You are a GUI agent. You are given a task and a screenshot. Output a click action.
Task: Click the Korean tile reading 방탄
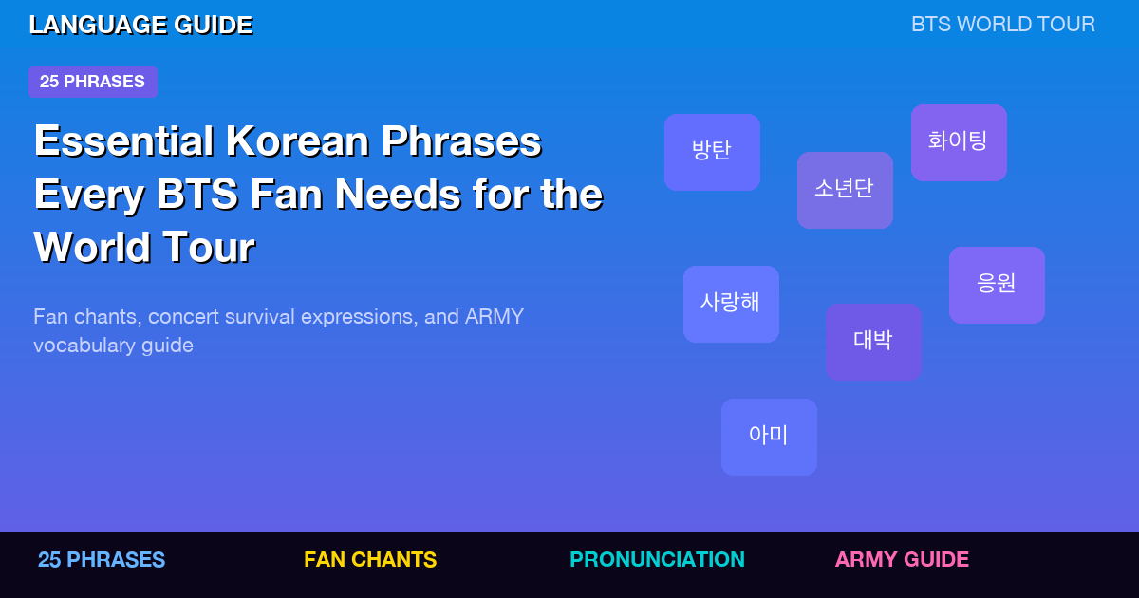coord(712,152)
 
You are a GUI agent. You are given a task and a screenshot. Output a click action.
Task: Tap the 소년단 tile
coord(845,190)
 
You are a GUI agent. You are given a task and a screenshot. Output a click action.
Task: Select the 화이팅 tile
coord(959,142)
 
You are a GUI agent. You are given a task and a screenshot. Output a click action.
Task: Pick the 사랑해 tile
coord(731,304)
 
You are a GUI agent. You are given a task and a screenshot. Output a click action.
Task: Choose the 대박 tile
coord(873,342)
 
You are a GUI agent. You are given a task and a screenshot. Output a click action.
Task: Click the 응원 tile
coord(997,285)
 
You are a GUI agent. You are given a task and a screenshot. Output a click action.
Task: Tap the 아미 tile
coord(769,437)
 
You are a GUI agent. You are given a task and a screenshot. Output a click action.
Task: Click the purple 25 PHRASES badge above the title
coord(92,82)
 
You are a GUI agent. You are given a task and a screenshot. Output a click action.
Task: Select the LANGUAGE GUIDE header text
coord(140,26)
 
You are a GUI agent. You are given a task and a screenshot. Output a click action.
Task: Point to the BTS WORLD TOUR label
coord(1002,25)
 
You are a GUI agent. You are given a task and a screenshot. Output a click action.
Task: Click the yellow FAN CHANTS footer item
coord(370,560)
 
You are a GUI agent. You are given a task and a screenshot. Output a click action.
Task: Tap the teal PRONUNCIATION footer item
coord(657,560)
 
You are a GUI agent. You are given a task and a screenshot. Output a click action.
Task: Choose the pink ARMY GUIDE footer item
coord(902,560)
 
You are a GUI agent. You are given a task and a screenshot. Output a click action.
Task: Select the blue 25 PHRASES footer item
coord(102,560)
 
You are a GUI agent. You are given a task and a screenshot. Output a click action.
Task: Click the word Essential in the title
coord(123,142)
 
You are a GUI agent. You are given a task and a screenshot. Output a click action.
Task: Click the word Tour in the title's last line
coord(208,249)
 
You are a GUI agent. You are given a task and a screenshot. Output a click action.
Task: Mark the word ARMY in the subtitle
coord(494,317)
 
